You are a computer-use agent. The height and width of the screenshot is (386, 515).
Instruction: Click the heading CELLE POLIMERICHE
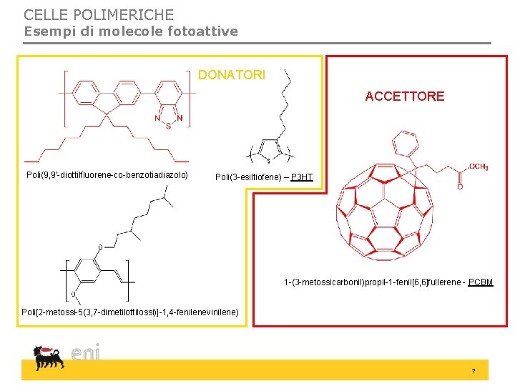[99, 14]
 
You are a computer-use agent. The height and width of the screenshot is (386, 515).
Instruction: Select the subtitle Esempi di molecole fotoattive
[131, 31]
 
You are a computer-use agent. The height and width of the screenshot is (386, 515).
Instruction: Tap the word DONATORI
[232, 75]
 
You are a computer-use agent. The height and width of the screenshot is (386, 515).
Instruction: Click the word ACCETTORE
[404, 96]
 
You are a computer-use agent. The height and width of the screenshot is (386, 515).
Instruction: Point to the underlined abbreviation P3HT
[302, 176]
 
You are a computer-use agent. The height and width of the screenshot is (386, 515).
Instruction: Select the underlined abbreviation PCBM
[481, 282]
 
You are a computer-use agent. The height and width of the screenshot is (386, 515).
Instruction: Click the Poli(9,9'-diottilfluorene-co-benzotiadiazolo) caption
[107, 174]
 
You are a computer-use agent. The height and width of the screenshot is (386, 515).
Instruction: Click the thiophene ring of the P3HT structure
[269, 151]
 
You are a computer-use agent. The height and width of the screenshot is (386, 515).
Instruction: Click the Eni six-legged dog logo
[48, 357]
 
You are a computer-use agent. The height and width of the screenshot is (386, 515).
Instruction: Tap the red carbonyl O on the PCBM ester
[460, 186]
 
